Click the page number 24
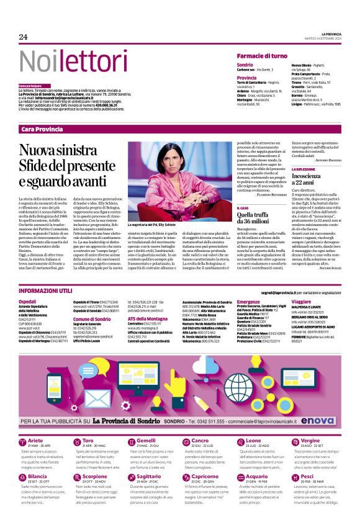tap(24, 37)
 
